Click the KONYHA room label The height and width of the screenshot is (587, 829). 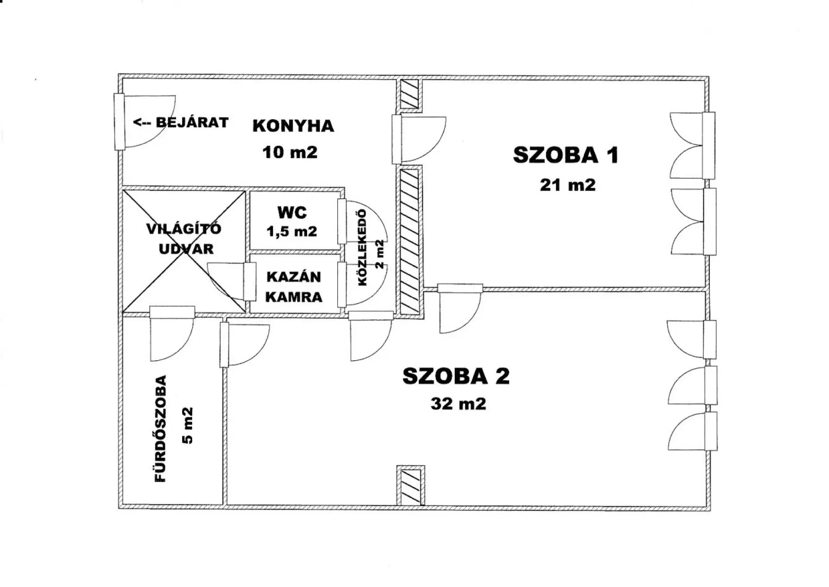point(293,126)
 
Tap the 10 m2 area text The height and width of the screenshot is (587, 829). point(290,152)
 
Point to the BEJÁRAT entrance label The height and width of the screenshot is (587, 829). point(192,122)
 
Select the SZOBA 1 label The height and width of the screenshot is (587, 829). point(566,155)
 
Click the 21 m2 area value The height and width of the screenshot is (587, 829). point(568,185)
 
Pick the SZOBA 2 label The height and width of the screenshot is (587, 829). point(456,376)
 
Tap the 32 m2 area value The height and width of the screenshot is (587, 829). point(459,404)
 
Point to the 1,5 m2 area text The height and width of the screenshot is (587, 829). point(292,232)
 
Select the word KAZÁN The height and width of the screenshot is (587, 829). point(294,276)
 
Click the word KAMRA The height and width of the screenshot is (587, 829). point(294,297)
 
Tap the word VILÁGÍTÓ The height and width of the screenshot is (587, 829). point(184,228)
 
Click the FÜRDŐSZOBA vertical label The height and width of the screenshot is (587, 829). point(160,429)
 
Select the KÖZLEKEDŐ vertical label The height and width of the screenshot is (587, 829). point(362,247)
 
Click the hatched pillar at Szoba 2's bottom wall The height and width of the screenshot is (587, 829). point(410,485)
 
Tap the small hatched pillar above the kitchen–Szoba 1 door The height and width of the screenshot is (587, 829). point(409,94)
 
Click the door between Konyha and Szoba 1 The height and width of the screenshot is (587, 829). point(419,139)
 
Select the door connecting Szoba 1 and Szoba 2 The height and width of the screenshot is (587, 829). point(460,308)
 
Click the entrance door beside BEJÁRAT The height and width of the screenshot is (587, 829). point(144,122)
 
